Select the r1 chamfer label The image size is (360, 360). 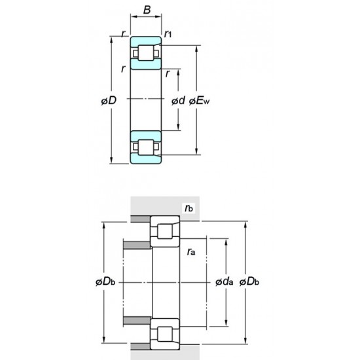click(168, 33)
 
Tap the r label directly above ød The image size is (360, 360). click(169, 74)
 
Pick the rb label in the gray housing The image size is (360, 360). click(189, 209)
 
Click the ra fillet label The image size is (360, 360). click(190, 251)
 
